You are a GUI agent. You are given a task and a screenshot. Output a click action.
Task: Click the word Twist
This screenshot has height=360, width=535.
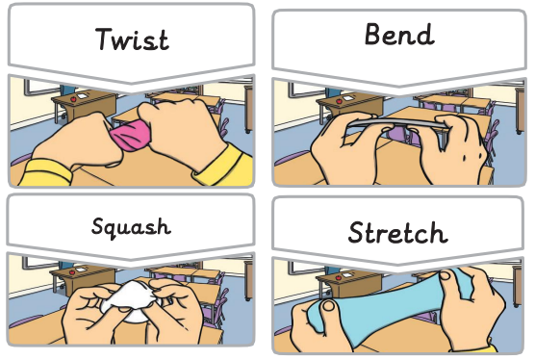pos(132,39)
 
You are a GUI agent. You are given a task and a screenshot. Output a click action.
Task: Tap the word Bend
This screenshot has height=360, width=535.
pos(399,34)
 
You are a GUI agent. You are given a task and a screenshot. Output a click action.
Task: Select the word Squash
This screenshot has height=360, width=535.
pos(131,226)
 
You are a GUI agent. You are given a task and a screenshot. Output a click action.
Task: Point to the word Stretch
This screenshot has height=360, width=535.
pos(397,232)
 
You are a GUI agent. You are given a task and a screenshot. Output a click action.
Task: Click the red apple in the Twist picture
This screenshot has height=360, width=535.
pos(73,99)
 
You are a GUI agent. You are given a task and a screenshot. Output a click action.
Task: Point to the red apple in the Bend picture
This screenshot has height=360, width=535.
pos(339,101)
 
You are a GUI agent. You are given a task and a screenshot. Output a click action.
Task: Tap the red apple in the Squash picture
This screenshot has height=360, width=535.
pos(71,272)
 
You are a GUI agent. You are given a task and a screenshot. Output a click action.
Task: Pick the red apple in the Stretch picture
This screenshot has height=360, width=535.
pos(338,278)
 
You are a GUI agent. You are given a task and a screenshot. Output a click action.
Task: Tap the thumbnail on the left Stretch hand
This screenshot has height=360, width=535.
pos(329,305)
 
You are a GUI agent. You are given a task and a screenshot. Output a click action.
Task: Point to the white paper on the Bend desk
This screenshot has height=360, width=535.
pos(348,98)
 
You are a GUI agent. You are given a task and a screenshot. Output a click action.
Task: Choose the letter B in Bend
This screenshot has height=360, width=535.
pos(373,34)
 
